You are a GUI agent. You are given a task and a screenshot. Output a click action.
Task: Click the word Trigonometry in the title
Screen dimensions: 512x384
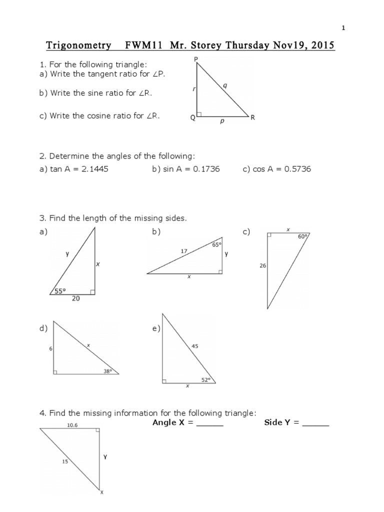click(78, 46)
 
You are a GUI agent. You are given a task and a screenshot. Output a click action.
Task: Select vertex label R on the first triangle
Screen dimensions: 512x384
click(253, 118)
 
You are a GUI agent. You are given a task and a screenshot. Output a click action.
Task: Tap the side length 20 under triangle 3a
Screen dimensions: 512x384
click(75, 299)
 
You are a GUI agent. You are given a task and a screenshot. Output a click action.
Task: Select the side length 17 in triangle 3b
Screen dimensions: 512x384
click(184, 252)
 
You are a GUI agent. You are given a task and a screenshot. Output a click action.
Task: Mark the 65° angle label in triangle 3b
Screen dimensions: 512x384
click(216, 244)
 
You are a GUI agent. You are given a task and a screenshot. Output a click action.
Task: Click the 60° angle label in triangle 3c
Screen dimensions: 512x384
click(302, 237)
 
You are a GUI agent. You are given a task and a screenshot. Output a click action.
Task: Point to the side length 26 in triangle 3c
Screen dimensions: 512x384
click(262, 266)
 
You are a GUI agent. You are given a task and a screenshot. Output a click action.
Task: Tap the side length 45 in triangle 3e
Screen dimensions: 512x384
click(195, 345)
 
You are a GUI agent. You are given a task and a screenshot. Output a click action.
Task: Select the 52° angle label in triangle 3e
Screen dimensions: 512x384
click(204, 379)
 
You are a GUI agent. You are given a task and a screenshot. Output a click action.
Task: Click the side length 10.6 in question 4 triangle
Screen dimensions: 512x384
click(72, 425)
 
